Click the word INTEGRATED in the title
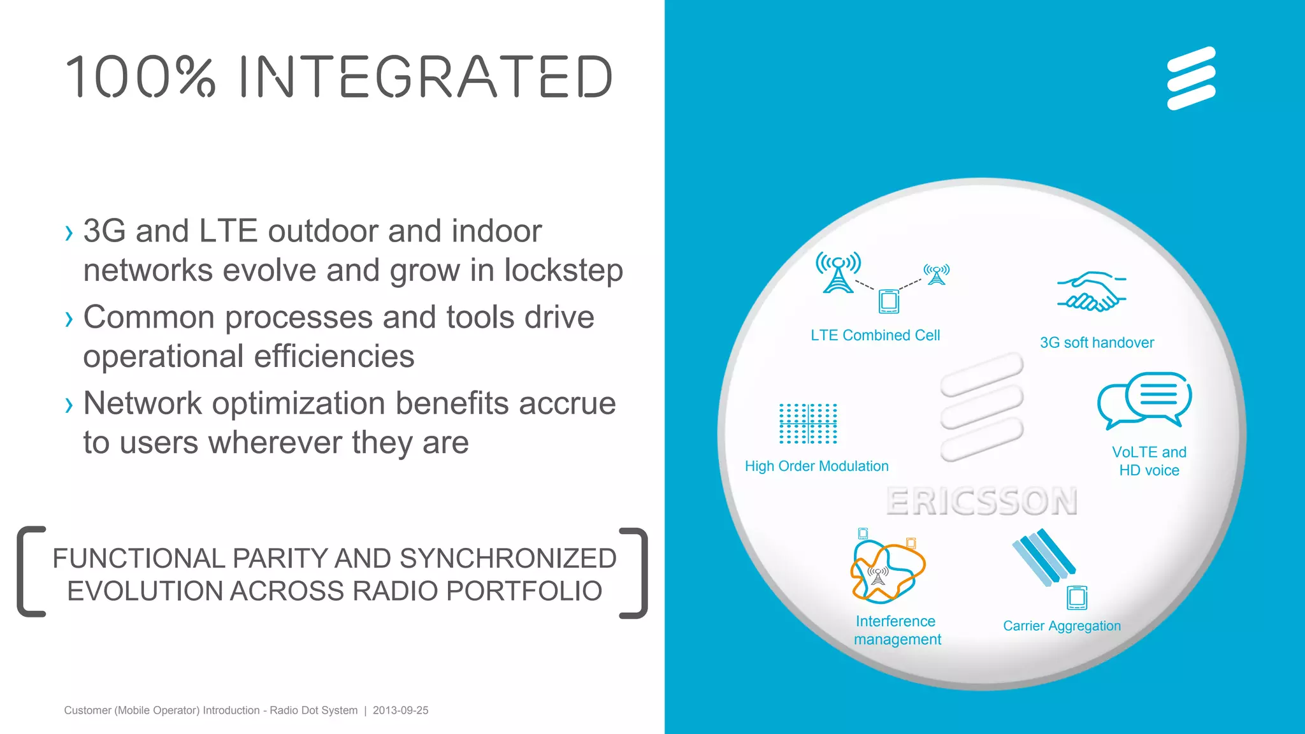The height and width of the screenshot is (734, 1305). click(x=426, y=77)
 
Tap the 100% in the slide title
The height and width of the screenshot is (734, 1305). click(x=141, y=77)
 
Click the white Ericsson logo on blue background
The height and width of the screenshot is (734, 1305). click(x=1191, y=78)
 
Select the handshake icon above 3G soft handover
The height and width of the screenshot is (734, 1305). click(x=1092, y=292)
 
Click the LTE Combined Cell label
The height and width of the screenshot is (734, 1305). click(x=875, y=336)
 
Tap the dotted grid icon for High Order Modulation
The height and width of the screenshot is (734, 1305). click(x=808, y=424)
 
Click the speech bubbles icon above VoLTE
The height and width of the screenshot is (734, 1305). click(x=1144, y=400)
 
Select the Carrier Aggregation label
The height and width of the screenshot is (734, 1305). click(x=1062, y=626)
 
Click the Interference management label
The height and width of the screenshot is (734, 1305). click(x=897, y=630)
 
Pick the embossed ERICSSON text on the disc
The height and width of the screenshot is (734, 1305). click(x=981, y=501)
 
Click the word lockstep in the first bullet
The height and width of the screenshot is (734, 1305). click(x=563, y=270)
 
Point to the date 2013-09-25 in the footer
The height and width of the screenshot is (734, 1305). click(x=400, y=710)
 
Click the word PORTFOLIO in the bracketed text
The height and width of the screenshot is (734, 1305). click(x=524, y=591)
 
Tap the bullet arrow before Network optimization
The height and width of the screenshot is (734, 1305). click(x=69, y=405)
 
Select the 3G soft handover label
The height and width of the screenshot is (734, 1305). click(x=1097, y=343)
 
